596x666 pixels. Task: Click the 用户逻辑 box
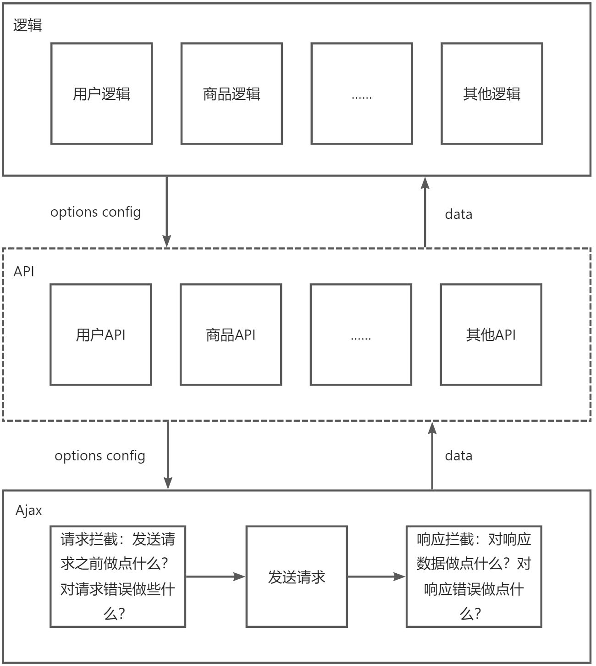tap(101, 94)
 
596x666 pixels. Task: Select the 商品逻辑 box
tap(232, 94)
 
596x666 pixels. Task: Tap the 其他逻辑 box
tap(491, 94)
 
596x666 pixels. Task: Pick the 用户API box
tap(100, 335)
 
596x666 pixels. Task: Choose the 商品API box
tap(231, 335)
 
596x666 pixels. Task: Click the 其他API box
tap(491, 335)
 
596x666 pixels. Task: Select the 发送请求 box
tap(297, 576)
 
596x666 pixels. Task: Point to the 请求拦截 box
tap(118, 576)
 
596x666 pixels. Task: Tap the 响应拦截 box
tap(474, 576)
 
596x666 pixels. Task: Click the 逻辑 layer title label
tap(28, 25)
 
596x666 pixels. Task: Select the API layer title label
tap(24, 271)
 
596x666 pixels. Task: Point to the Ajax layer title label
tap(29, 510)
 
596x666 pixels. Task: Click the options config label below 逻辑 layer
tap(95, 212)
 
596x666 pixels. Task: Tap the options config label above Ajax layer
tap(100, 456)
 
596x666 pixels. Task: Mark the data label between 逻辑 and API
tap(458, 214)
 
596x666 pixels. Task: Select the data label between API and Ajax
tap(458, 456)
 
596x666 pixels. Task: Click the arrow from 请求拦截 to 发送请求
tap(215, 576)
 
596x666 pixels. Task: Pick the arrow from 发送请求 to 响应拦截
tap(376, 576)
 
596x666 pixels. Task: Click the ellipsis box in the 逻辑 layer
tap(362, 94)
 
